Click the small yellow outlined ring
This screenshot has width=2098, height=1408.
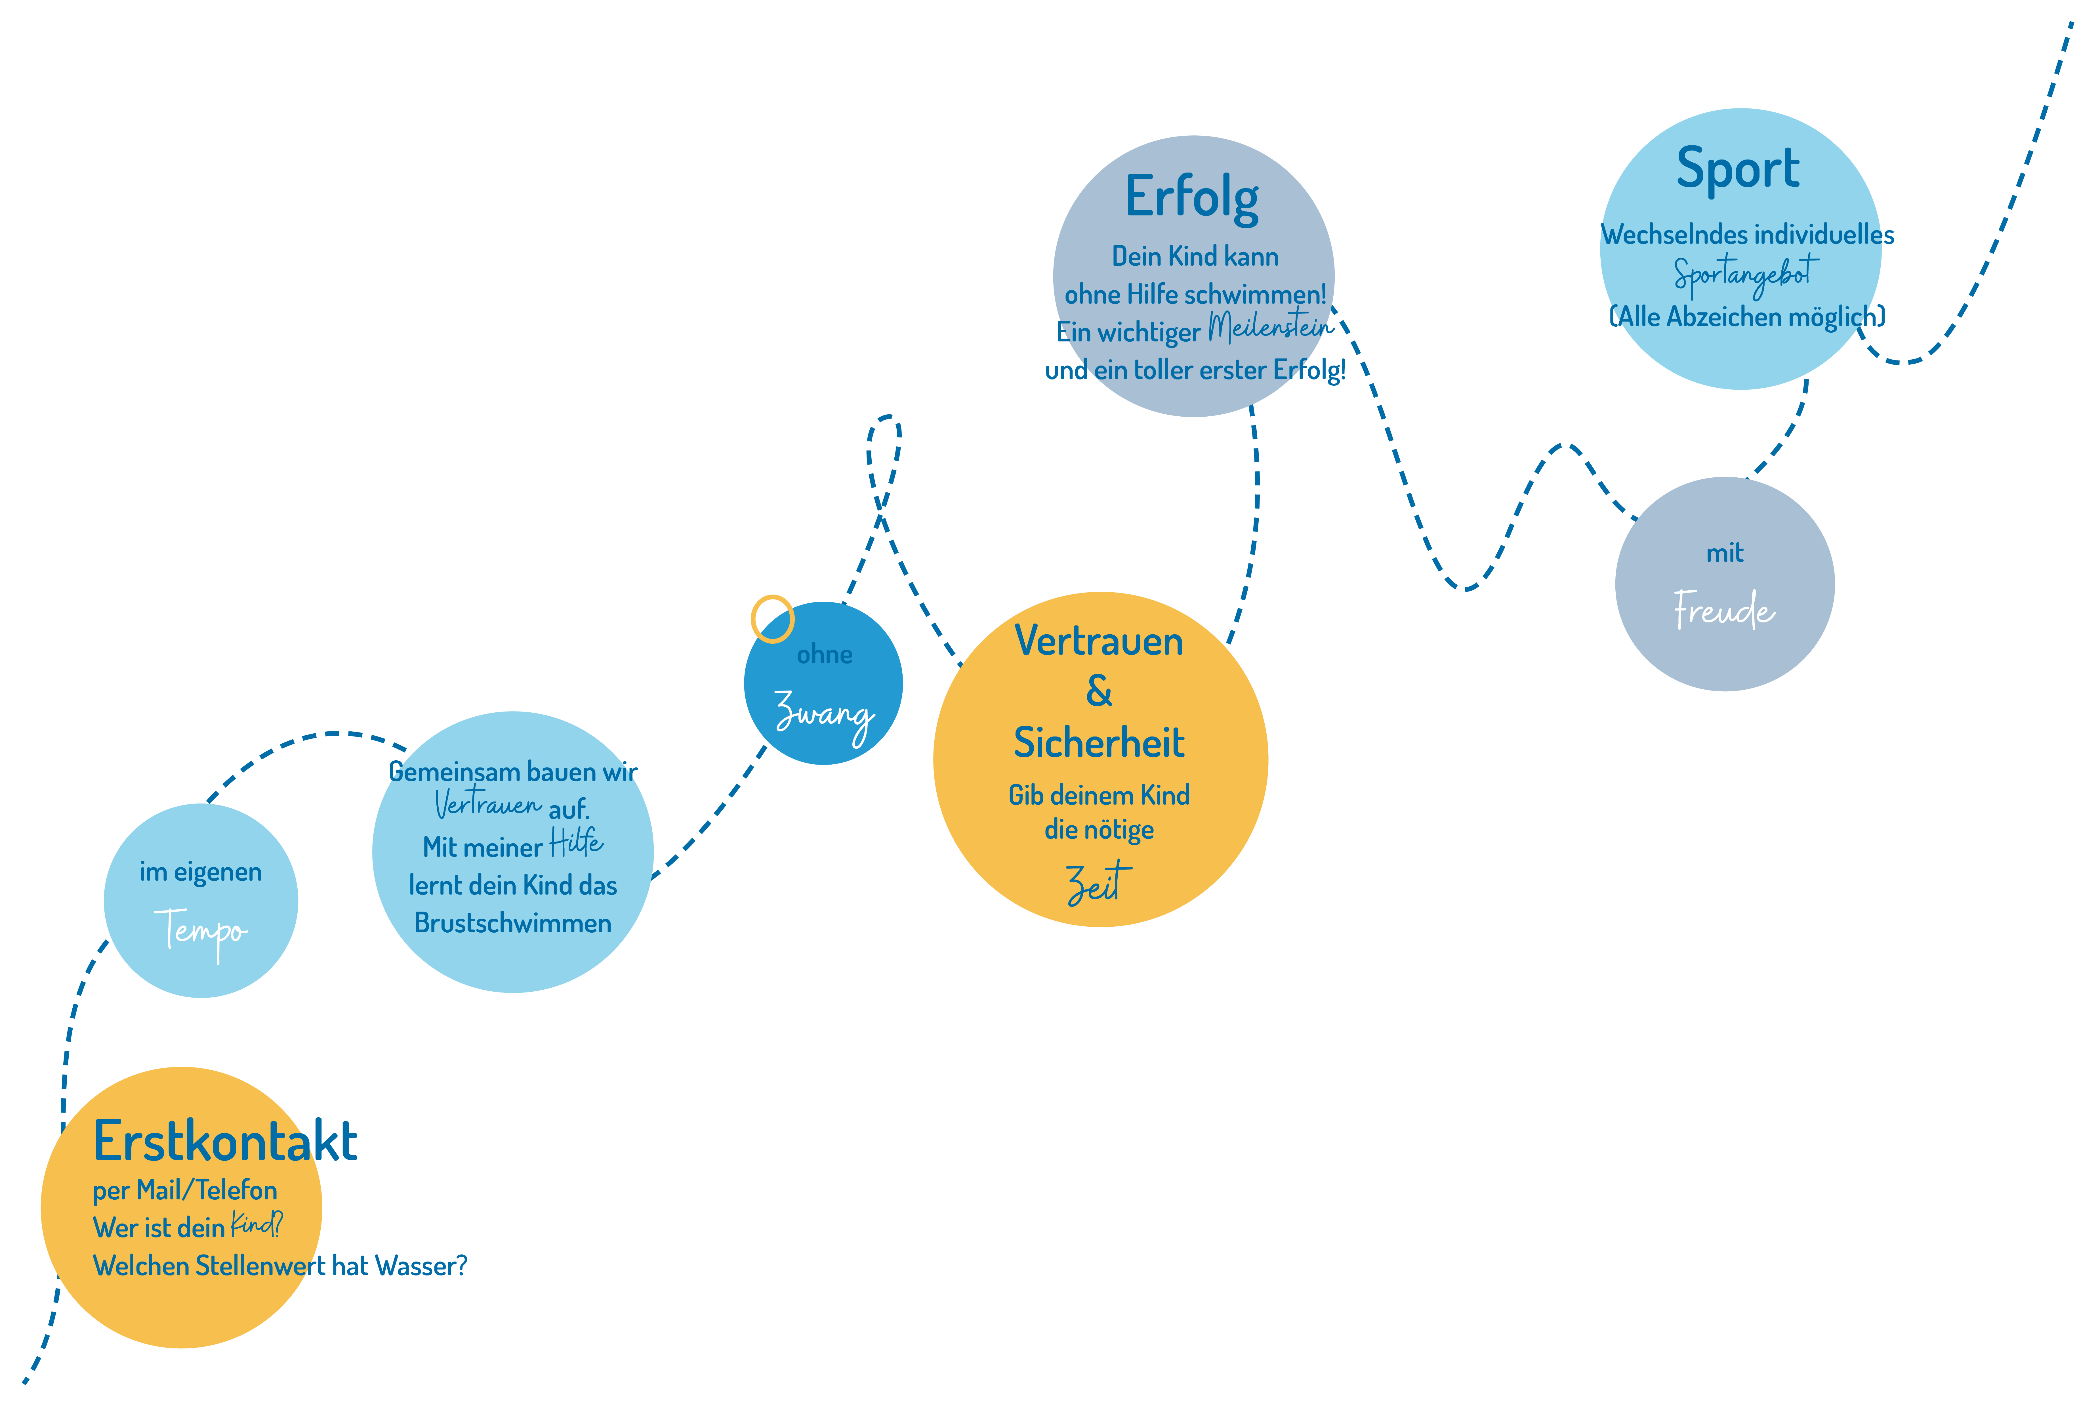click(x=772, y=619)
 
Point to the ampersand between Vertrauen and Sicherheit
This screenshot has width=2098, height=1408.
click(x=1099, y=691)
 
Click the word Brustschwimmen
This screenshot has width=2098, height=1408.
click(x=513, y=923)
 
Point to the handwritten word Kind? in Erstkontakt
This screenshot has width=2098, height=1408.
click(x=256, y=1224)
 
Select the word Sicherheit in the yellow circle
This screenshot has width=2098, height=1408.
click(x=1099, y=743)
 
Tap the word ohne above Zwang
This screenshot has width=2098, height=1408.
click(x=824, y=654)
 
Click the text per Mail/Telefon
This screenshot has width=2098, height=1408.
click(x=185, y=1191)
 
